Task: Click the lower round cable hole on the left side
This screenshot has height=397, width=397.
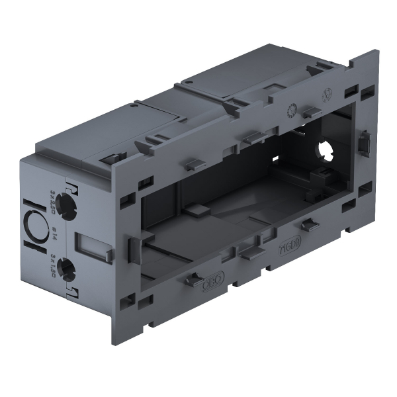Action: (66, 268)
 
